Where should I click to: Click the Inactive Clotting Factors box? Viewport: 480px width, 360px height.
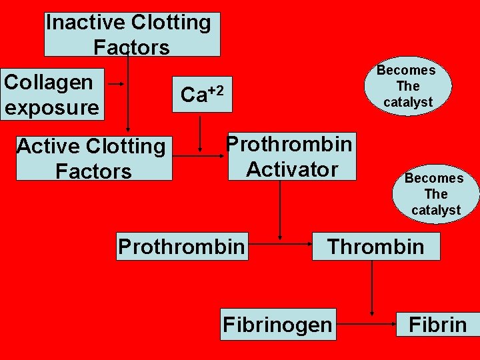[132, 34]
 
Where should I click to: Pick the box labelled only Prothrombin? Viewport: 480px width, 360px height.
[181, 246]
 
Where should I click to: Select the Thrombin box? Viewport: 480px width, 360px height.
[375, 246]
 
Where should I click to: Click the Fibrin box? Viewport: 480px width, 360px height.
[437, 324]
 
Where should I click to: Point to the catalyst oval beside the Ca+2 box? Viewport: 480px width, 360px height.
[406, 86]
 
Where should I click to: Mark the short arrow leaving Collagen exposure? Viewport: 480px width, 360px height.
[117, 84]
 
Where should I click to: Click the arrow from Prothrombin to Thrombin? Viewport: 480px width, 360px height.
[280, 245]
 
